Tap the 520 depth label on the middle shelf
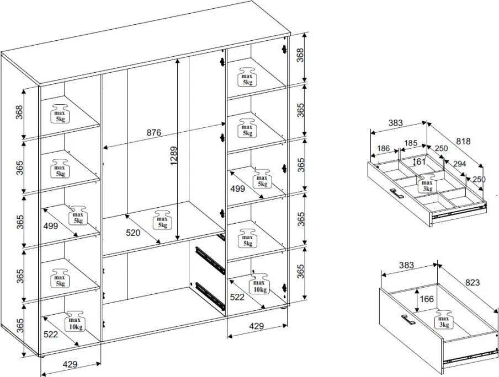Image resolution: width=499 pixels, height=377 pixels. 133,233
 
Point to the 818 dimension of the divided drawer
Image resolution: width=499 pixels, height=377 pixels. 464,141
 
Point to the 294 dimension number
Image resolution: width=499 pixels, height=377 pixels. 459,164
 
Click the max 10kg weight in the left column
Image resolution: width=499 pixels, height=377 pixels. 75,323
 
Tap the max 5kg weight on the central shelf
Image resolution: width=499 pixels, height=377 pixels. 162,220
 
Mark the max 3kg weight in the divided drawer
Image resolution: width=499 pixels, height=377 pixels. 426,185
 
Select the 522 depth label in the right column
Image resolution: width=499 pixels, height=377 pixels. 237,298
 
